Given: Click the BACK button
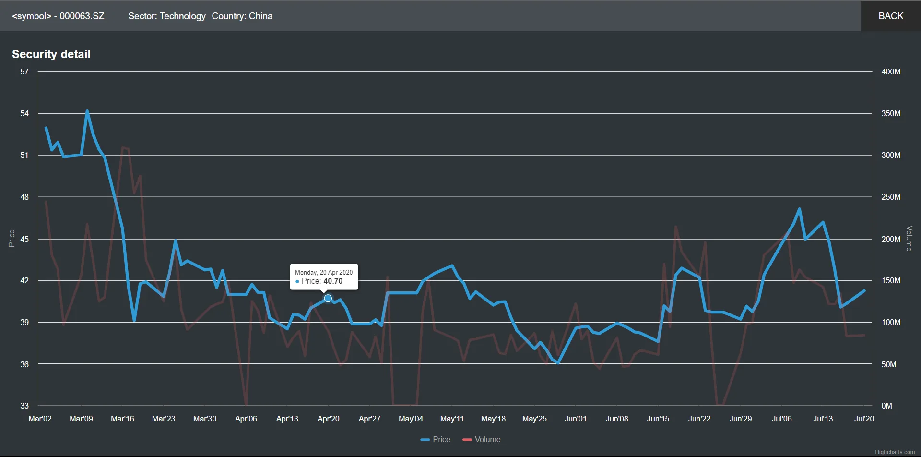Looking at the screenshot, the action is [x=891, y=16].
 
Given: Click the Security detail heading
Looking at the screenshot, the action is [x=51, y=54].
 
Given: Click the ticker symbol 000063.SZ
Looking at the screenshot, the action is [x=82, y=16].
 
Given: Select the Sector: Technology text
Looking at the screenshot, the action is [x=167, y=16].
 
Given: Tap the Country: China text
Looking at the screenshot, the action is [x=242, y=16].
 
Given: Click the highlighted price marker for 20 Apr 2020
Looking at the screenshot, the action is [x=328, y=299].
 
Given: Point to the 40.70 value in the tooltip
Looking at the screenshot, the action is [x=333, y=281].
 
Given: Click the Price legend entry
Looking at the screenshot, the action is [x=436, y=439].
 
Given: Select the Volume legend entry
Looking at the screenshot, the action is [x=482, y=439].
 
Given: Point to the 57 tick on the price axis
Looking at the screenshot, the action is [x=24, y=72].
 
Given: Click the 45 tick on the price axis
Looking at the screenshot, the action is [x=24, y=239].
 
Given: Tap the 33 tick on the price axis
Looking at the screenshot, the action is [x=24, y=406].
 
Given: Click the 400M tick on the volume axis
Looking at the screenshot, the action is [x=891, y=72].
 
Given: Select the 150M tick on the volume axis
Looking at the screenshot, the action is [x=891, y=280].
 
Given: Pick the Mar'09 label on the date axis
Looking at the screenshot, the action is [x=81, y=419].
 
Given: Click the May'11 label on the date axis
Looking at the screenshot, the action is [x=452, y=419].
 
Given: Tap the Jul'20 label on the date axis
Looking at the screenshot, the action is [x=864, y=419].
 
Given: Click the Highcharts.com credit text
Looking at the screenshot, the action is [x=895, y=452].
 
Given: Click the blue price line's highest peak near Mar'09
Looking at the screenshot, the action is [x=87, y=111].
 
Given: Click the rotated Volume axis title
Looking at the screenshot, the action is [x=909, y=239].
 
